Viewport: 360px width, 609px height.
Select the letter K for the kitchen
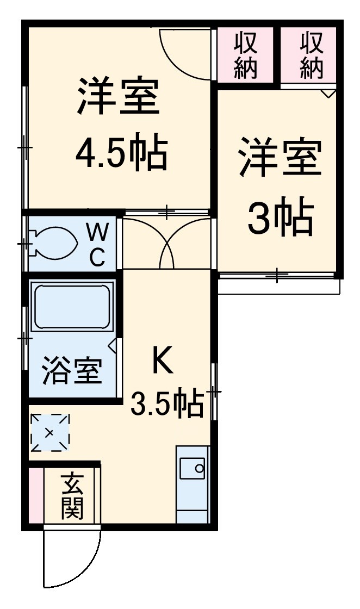(162, 361)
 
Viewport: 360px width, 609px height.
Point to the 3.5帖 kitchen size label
(167, 404)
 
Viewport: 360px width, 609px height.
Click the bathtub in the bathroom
(72, 307)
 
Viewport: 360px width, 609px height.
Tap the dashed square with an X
(49, 433)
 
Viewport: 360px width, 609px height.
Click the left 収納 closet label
(246, 54)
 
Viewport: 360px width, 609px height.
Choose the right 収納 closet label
(311, 54)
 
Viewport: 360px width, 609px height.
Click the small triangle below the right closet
(328, 94)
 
